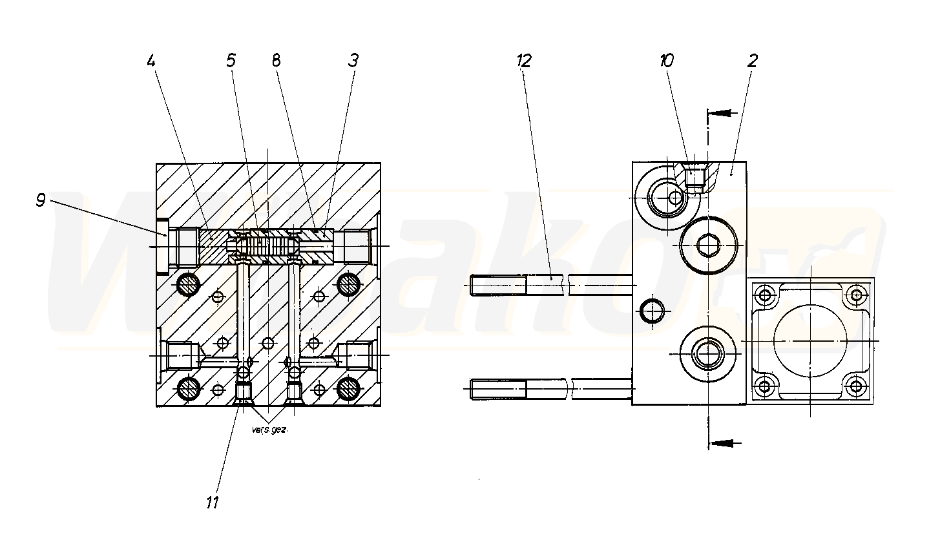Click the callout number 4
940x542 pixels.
tap(151, 61)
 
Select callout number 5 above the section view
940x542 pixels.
tap(231, 61)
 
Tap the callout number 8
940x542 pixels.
tap(276, 61)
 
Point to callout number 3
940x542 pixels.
tap(353, 61)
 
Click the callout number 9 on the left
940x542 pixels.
tap(40, 200)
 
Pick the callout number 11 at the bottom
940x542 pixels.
tap(213, 502)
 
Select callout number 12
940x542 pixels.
tap(524, 61)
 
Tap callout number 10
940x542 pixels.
tap(666, 61)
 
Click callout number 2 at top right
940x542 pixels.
tap(753, 61)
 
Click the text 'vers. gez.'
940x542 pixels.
tap(270, 430)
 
